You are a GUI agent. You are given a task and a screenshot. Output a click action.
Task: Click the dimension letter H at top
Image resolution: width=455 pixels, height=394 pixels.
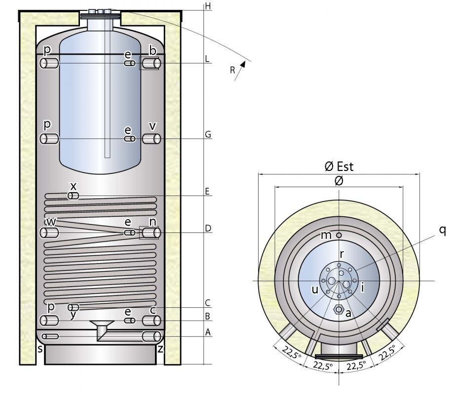click(208, 6)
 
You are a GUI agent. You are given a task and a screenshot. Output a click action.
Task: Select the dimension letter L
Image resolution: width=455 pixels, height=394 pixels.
click(208, 59)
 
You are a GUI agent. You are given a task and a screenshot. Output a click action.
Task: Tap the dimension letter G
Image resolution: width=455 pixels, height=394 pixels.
click(208, 134)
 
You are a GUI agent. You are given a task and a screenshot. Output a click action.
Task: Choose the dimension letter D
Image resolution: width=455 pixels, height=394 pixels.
click(208, 229)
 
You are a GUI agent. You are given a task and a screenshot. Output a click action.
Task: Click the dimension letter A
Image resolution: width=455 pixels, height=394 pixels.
click(208, 332)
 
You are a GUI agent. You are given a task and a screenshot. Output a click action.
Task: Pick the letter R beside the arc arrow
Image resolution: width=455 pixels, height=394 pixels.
click(232, 70)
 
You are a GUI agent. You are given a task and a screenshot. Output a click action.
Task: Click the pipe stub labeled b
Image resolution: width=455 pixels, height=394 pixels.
click(151, 63)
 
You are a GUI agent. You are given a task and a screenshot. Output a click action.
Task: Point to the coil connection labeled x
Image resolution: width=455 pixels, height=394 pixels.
click(73, 196)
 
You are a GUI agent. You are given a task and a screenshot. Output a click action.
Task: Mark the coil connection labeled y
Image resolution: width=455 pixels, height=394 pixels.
click(74, 307)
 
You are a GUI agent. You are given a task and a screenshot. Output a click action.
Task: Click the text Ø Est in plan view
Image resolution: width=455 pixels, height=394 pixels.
click(339, 166)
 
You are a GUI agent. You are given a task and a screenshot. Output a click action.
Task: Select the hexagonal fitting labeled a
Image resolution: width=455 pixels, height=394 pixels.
click(339, 309)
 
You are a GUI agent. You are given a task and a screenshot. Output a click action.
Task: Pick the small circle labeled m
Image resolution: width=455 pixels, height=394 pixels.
click(339, 235)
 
